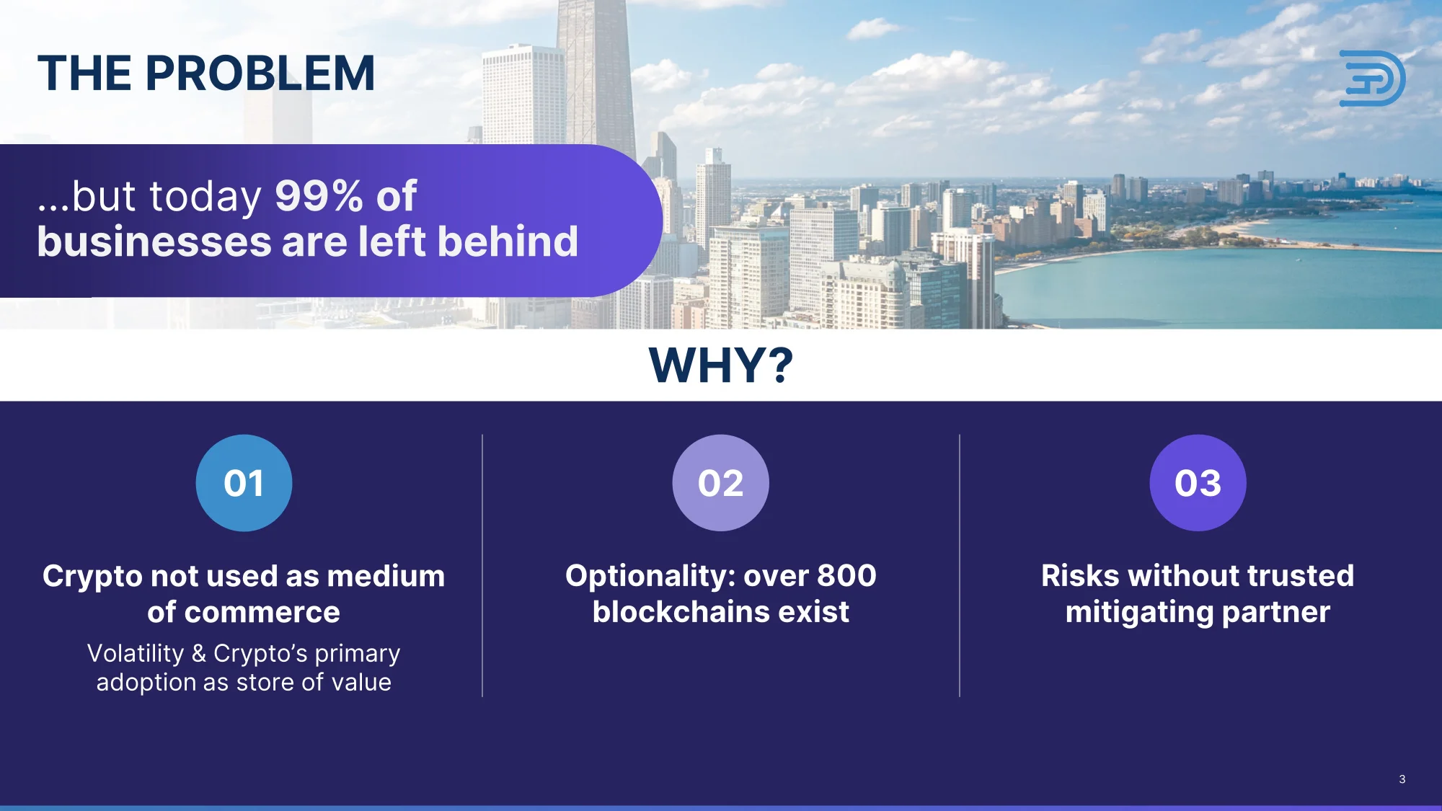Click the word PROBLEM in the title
tap(260, 74)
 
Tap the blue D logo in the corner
tap(1372, 79)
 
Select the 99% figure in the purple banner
tap(319, 195)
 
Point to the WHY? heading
tap(721, 365)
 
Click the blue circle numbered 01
tap(244, 483)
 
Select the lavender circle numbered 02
tap(721, 483)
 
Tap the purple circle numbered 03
tap(1198, 483)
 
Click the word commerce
tap(262, 613)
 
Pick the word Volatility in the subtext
tap(136, 653)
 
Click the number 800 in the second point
tap(846, 576)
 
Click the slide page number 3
tap(1402, 779)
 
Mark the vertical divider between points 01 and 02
tap(482, 565)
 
